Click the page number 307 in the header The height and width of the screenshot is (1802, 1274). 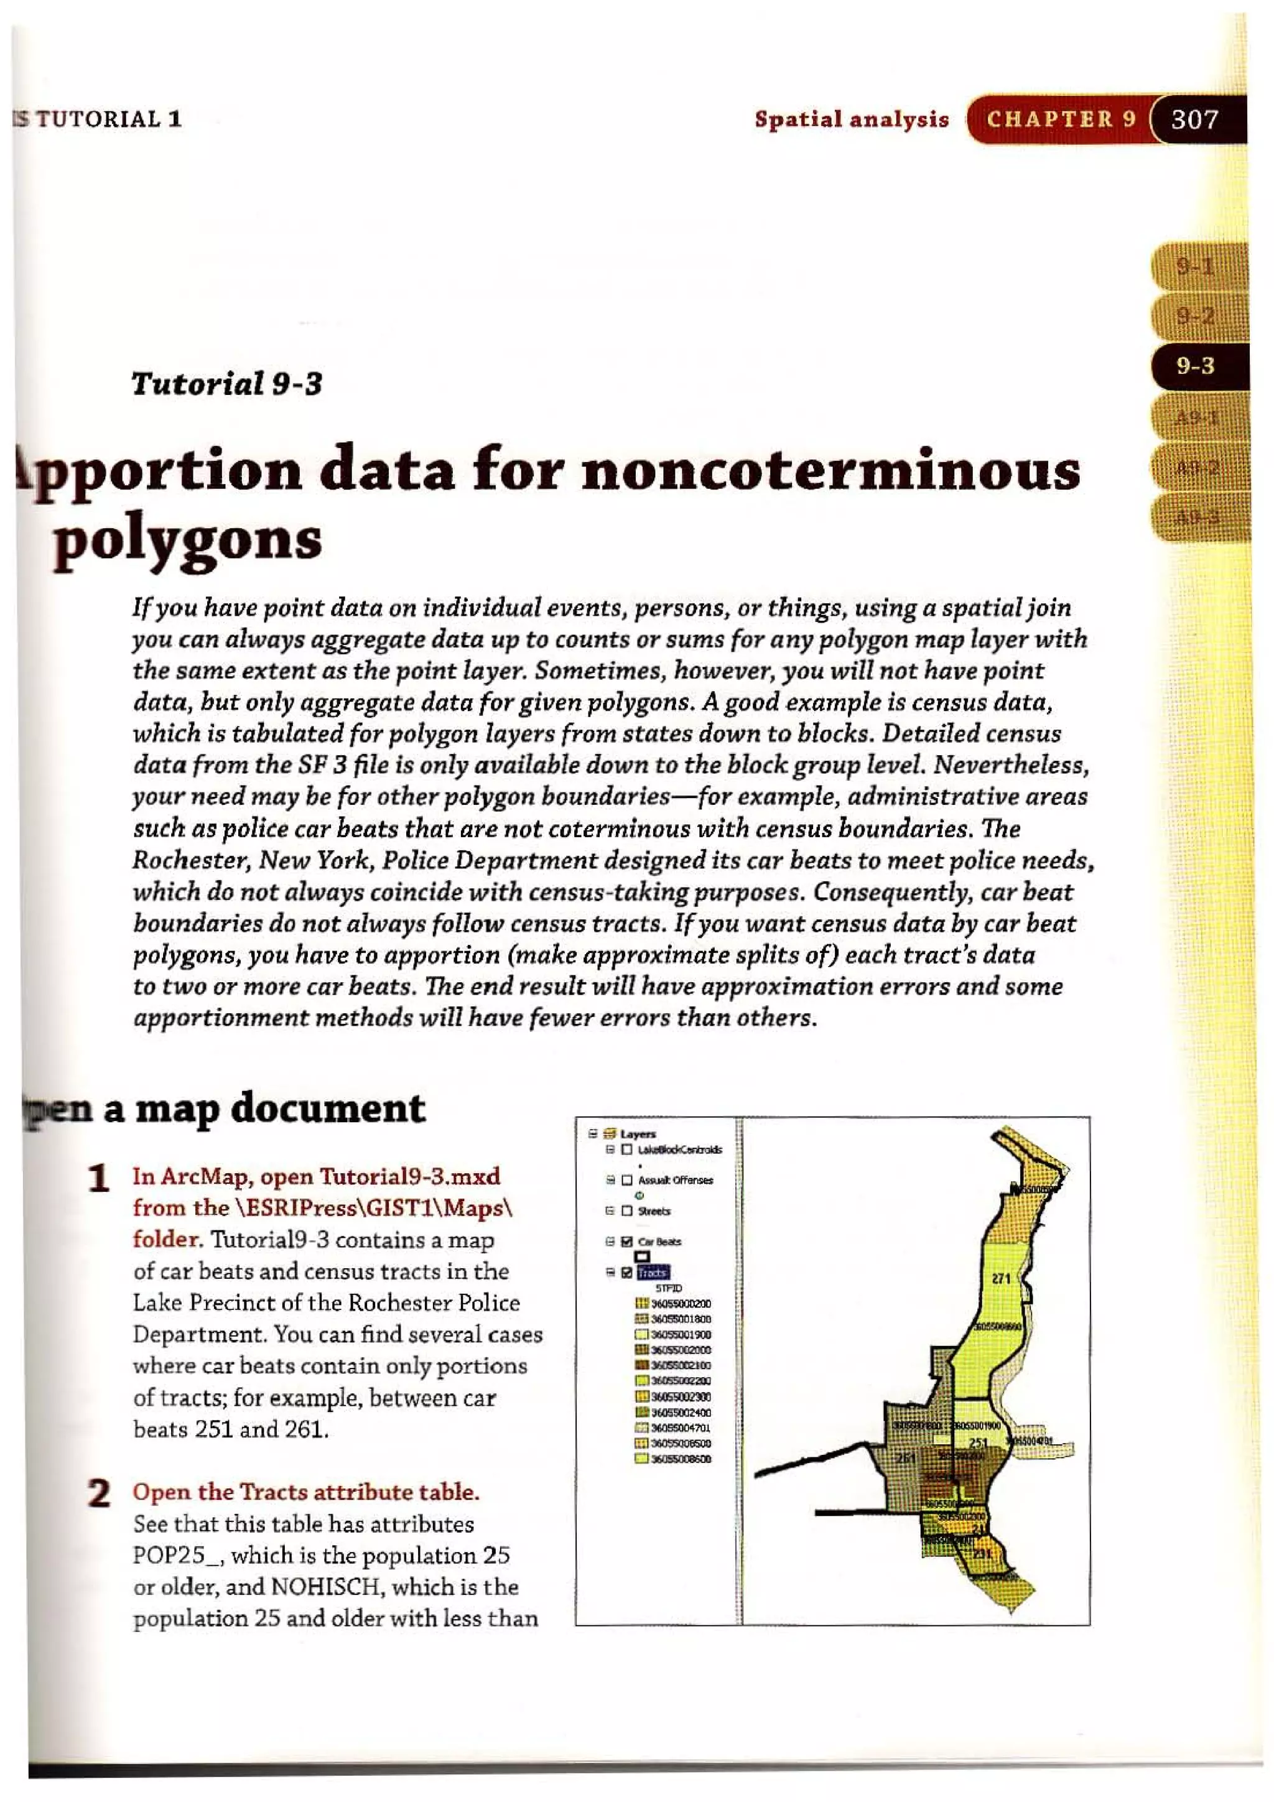pyautogui.click(x=1194, y=119)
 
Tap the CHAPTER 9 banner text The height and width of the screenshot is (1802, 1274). pyautogui.click(x=1061, y=119)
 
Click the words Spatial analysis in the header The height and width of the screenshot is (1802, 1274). pyautogui.click(x=852, y=119)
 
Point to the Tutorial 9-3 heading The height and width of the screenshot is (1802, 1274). pyautogui.click(x=226, y=384)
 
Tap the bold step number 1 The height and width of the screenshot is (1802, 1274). pyautogui.click(x=99, y=1179)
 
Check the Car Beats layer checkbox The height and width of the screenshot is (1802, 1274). pyautogui.click(x=626, y=1242)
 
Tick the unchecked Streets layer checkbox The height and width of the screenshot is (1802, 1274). pyautogui.click(x=626, y=1211)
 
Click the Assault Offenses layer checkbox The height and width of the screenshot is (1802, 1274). pyautogui.click(x=626, y=1179)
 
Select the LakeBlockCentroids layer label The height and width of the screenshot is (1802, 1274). pyautogui.click(x=680, y=1149)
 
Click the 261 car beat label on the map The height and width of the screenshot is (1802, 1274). pyautogui.click(x=906, y=1457)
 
